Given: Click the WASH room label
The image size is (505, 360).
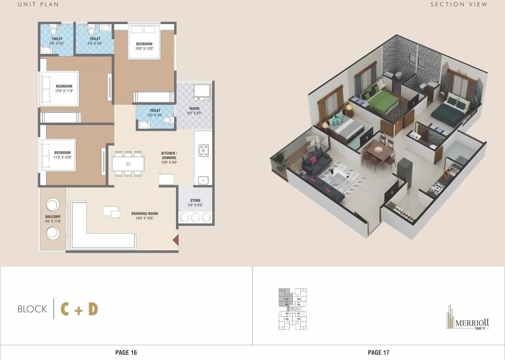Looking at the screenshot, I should point(194,109).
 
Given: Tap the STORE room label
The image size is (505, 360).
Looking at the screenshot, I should point(195,201).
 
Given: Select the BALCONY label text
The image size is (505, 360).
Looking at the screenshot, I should point(53,217).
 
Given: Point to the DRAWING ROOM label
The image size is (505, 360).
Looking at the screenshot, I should point(144,214).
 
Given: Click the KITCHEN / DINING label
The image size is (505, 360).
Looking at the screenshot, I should point(169,155).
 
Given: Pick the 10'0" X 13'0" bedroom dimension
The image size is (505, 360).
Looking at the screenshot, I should point(144,49).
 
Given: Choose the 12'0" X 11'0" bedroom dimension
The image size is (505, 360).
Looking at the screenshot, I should point(64,91).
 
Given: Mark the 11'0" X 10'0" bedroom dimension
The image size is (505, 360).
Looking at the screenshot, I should point(62,157).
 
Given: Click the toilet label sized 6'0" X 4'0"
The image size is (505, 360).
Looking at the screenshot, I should point(155,111).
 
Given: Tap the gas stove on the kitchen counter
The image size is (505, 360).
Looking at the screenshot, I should point(203,150).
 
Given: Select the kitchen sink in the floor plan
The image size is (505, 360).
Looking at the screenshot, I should point(203,180).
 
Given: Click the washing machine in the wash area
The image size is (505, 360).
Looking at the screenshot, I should point(202,92).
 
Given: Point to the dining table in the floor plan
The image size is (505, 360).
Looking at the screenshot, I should point(128,164).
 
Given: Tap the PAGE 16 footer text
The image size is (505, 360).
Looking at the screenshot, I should point(126,352).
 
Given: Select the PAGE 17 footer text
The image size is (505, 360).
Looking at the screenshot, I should point(378,352).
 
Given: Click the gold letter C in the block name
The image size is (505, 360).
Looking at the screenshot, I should point(65,309).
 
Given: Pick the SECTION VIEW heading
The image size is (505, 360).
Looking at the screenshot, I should point(459,4).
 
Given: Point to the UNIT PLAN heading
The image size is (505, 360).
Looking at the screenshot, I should point(38,4).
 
